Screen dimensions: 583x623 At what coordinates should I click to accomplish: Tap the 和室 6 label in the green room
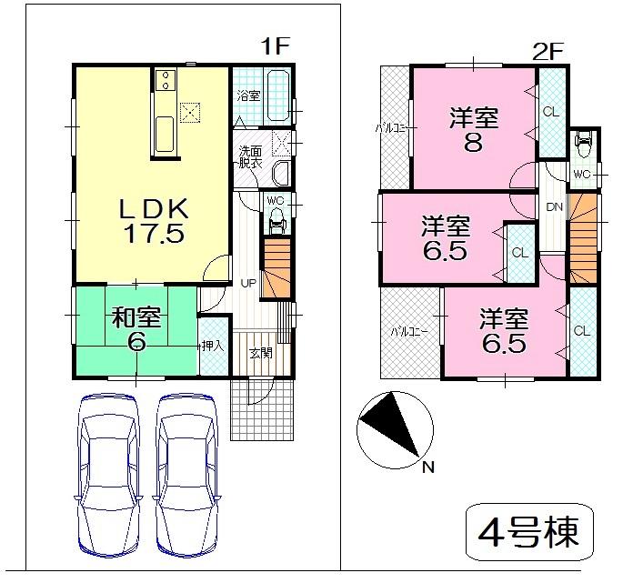[x=136, y=329]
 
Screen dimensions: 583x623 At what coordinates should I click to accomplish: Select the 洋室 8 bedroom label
[x=474, y=130]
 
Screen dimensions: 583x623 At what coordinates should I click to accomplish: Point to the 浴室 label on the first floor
[x=248, y=95]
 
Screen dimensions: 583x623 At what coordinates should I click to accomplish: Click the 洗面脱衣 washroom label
[x=250, y=157]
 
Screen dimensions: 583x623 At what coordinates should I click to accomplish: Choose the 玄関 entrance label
[x=261, y=353]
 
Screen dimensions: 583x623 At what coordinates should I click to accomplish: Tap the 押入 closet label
[x=212, y=346]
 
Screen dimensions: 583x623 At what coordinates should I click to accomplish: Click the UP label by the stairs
[x=247, y=283]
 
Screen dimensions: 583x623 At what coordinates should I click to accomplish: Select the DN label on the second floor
[x=554, y=206]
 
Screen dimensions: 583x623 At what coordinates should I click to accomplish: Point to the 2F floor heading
[x=548, y=52]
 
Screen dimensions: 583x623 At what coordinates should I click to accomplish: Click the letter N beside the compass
[x=428, y=468]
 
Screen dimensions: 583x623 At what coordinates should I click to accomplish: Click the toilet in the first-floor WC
[x=276, y=217]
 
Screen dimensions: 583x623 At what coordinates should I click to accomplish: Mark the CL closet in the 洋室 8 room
[x=550, y=112]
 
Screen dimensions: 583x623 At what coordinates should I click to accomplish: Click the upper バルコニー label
[x=396, y=128]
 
